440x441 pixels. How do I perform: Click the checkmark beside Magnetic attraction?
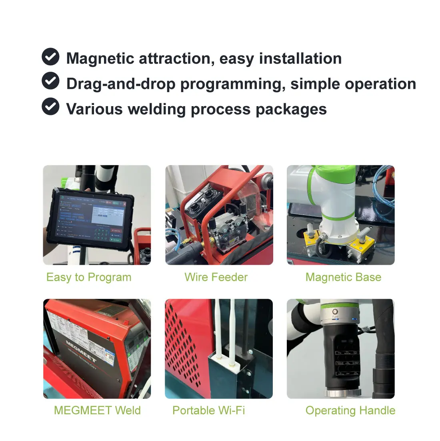click(x=50, y=57)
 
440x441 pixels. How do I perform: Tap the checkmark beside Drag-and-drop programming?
click(x=50, y=81)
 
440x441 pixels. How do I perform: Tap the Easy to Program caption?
click(x=89, y=277)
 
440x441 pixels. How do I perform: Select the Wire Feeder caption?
click(x=216, y=277)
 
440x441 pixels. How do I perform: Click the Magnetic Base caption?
click(x=343, y=277)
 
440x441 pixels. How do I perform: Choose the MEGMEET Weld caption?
click(x=97, y=410)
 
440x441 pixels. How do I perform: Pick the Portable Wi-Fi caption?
click(x=208, y=410)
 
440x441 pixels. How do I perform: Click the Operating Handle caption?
click(x=350, y=410)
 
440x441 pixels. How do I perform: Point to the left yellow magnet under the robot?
click(x=312, y=241)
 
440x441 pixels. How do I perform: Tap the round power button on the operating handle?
click(x=335, y=311)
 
